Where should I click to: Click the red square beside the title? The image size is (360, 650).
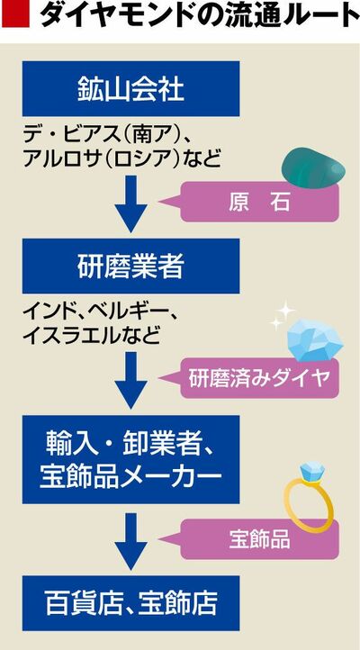click(15, 14)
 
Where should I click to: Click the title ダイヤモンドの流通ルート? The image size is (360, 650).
click(200, 15)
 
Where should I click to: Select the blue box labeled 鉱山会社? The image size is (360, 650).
click(130, 89)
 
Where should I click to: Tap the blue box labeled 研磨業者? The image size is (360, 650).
click(130, 266)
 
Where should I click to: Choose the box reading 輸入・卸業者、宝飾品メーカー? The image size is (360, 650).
click(130, 459)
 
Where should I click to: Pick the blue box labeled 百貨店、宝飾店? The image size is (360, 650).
click(130, 603)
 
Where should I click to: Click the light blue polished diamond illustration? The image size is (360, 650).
click(314, 340)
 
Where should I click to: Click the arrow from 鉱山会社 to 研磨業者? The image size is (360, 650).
click(130, 204)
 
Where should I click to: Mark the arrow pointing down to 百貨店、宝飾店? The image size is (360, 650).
click(130, 541)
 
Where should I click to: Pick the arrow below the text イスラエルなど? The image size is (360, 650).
click(130, 381)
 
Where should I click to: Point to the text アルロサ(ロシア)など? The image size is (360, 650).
click(121, 159)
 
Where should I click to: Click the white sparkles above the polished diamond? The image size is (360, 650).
click(282, 316)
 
